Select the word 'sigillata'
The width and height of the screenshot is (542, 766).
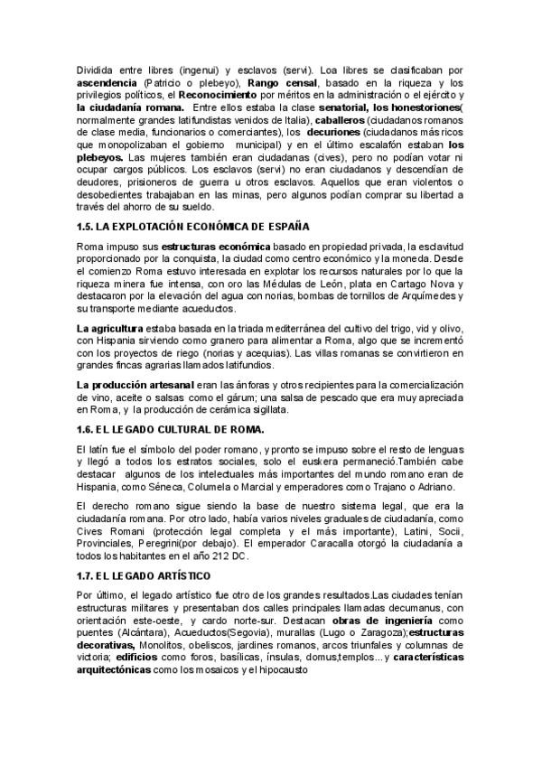pyautogui.click(x=314, y=409)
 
